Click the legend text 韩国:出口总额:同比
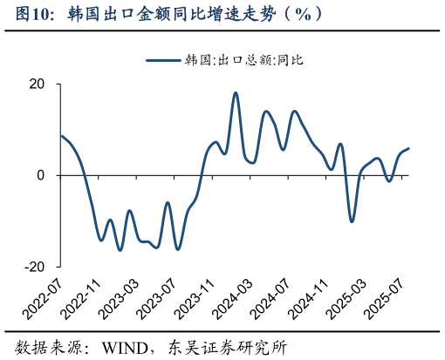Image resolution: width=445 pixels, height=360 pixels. [x=243, y=60]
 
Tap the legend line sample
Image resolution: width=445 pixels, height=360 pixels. [x=163, y=60]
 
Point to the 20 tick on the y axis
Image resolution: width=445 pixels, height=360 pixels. [x=39, y=85]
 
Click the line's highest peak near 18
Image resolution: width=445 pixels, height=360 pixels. [x=236, y=92]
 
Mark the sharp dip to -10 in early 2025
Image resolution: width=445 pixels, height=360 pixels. [x=352, y=221]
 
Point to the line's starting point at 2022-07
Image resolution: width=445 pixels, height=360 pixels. [x=60, y=136]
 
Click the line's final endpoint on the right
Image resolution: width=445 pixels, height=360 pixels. [x=409, y=148]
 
